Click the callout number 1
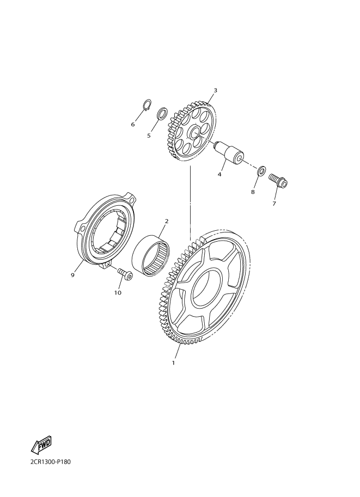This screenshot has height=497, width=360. (173, 363)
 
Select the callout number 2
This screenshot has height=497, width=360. (167, 221)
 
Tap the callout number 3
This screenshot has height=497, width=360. (215, 90)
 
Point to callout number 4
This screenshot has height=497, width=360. (219, 174)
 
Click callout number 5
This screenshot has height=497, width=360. (149, 136)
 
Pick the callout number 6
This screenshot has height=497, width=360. (133, 125)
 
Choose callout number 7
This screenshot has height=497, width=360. (274, 204)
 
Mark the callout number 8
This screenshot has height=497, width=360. (253, 192)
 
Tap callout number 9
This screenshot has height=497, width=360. (72, 275)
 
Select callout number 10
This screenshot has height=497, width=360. (118, 293)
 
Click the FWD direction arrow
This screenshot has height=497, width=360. (41, 444)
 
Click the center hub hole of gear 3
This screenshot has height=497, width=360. (195, 134)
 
